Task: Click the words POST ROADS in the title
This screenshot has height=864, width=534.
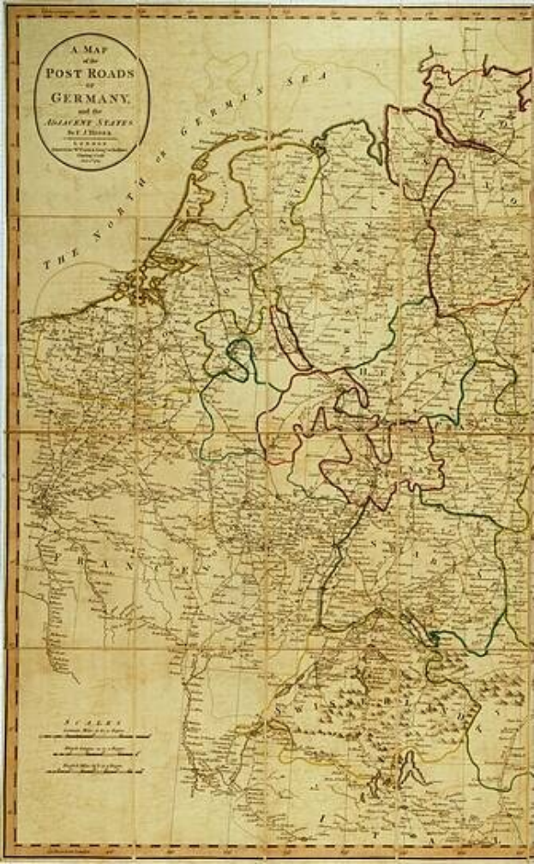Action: [x=93, y=74]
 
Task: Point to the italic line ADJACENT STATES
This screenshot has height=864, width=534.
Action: [x=93, y=123]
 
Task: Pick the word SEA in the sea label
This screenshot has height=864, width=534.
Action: [x=314, y=80]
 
